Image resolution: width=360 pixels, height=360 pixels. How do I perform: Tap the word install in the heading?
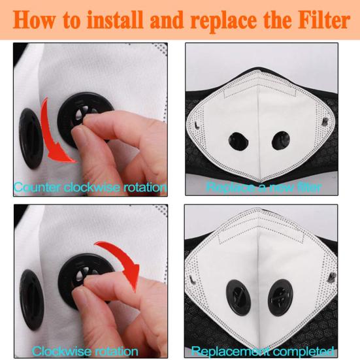[114, 20]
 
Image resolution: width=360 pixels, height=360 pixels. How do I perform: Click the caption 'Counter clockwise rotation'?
[90, 188]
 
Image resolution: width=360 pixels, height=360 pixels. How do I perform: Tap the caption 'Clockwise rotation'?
[85, 352]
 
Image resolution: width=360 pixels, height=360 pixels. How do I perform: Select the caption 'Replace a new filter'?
[263, 187]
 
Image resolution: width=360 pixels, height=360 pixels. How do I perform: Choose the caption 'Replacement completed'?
[263, 351]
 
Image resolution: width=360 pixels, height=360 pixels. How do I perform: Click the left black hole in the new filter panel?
[238, 141]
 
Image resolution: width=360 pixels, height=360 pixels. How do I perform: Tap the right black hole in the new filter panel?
[280, 140]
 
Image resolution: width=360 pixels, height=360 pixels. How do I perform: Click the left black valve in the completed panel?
[238, 297]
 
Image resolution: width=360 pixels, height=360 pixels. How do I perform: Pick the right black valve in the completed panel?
[280, 297]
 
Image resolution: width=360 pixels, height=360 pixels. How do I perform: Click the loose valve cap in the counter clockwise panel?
[31, 139]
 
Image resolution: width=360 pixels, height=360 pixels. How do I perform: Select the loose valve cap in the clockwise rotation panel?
[31, 300]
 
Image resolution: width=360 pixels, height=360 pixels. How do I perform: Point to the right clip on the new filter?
[325, 122]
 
